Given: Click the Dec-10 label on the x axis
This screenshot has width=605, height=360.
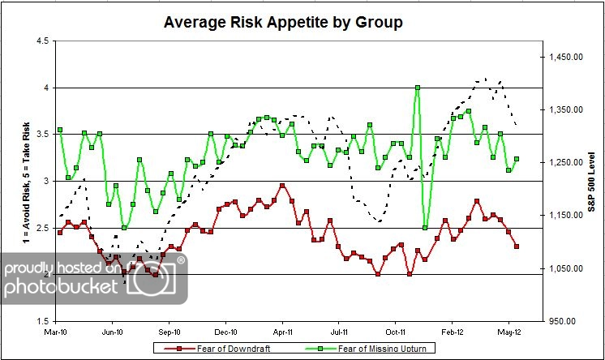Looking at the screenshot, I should coord(226,332).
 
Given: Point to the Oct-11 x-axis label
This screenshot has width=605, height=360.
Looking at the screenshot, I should coord(396,332).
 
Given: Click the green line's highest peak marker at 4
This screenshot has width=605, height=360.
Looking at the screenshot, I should coord(417,88).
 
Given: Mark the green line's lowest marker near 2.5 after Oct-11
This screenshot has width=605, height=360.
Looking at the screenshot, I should coord(425,227).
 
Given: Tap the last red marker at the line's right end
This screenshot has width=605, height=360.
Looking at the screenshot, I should coord(517,246).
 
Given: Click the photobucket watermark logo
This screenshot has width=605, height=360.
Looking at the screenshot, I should coord(93,279).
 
